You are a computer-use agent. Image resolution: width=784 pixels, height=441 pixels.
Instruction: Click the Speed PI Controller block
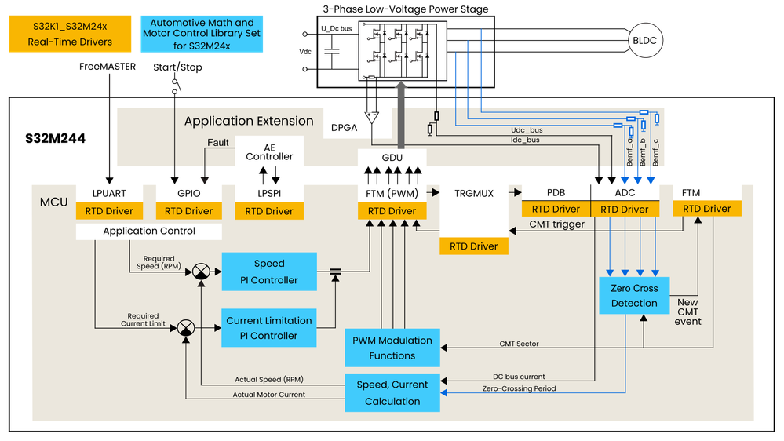click(x=269, y=272)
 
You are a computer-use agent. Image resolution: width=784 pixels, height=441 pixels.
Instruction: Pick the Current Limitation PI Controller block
click(x=269, y=327)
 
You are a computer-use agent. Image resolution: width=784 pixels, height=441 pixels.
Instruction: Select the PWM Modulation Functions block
click(x=392, y=348)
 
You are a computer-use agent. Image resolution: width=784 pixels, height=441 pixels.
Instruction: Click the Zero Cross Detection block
click(x=634, y=295)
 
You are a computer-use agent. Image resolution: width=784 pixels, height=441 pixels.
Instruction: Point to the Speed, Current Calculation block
click(x=392, y=392)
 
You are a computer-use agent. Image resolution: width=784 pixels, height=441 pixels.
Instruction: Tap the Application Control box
click(x=149, y=231)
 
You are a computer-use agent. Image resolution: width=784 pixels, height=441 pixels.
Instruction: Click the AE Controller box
click(x=269, y=151)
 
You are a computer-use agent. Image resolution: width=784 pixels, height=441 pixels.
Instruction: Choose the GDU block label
click(x=392, y=158)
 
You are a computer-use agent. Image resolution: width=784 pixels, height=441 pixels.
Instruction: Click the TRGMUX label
click(x=474, y=192)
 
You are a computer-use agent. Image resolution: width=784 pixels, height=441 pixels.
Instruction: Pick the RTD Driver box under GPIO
click(x=188, y=211)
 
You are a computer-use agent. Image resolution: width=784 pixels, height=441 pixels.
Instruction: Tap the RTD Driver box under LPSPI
click(x=269, y=211)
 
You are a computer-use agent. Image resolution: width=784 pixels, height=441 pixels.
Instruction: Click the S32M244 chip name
click(x=57, y=138)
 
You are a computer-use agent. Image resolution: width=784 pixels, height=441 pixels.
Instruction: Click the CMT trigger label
click(x=557, y=225)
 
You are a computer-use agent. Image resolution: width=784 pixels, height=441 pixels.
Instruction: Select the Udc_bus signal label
click(x=526, y=129)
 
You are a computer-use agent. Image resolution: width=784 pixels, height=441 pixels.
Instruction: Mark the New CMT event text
click(x=687, y=312)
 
